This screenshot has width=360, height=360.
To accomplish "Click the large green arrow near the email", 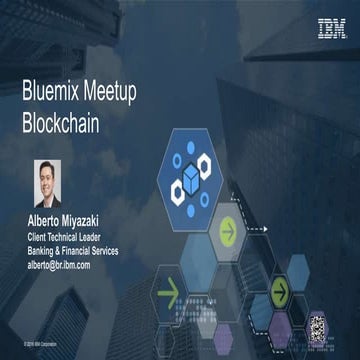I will coord(168,297).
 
